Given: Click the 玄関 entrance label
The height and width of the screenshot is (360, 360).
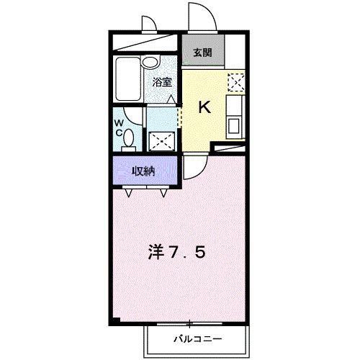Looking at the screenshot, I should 202,52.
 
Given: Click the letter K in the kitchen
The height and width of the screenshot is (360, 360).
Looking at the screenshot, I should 204,108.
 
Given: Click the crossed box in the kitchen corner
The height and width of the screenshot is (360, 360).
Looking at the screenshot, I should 235,82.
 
